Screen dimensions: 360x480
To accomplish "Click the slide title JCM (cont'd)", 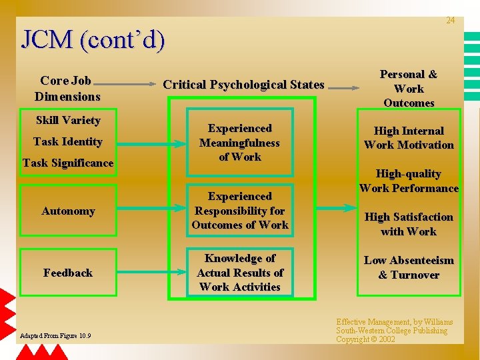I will pyautogui.click(x=93, y=40).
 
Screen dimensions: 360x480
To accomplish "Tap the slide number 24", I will pyautogui.click(x=451, y=21).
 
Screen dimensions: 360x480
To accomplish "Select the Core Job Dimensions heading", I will pyautogui.click(x=67, y=89).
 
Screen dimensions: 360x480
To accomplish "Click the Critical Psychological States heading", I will pyautogui.click(x=243, y=85).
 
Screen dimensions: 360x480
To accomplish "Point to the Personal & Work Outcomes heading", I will pyautogui.click(x=409, y=89).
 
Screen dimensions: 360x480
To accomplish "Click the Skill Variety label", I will pyautogui.click(x=68, y=121).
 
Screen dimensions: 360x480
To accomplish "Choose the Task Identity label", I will pyautogui.click(x=68, y=141).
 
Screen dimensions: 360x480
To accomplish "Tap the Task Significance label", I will pyautogui.click(x=68, y=163).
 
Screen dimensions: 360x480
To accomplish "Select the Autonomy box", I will pyautogui.click(x=68, y=211).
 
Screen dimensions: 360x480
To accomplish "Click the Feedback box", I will pyautogui.click(x=68, y=273).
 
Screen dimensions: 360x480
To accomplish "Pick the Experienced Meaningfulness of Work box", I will pyautogui.click(x=240, y=143).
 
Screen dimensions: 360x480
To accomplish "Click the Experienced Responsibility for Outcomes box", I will pyautogui.click(x=240, y=211).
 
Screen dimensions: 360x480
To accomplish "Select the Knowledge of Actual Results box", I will pyautogui.click(x=240, y=273).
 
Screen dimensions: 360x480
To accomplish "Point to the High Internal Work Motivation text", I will pyautogui.click(x=409, y=138).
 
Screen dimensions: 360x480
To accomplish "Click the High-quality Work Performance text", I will pyautogui.click(x=409, y=181).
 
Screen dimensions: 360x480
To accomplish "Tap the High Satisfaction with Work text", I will pyautogui.click(x=409, y=224).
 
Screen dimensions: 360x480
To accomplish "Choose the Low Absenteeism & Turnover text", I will pyautogui.click(x=409, y=267).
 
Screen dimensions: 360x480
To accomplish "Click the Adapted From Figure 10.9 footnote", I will pyautogui.click(x=56, y=335).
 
